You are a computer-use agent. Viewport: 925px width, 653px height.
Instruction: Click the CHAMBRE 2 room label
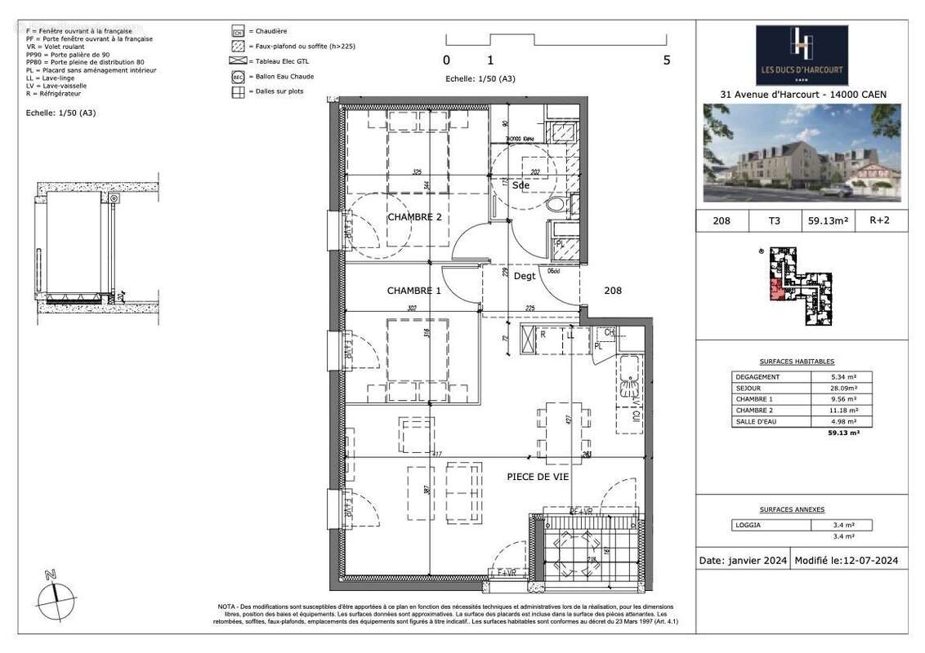pyautogui.click(x=414, y=217)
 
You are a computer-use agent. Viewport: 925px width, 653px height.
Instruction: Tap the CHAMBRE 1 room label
pyautogui.click(x=413, y=291)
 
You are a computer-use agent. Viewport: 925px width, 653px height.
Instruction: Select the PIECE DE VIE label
pyautogui.click(x=537, y=476)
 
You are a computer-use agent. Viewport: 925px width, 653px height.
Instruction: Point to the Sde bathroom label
pyautogui.click(x=521, y=185)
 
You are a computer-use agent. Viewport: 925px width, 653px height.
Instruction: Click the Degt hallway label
pyautogui.click(x=524, y=277)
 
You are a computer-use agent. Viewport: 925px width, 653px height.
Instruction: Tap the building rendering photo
pyautogui.click(x=802, y=153)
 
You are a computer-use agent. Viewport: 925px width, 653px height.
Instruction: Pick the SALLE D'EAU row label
pyautogui.click(x=758, y=421)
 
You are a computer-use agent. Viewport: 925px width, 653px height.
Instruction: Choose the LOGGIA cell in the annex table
pyautogui.click(x=760, y=526)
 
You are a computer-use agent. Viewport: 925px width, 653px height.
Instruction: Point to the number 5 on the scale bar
pyautogui.click(x=667, y=60)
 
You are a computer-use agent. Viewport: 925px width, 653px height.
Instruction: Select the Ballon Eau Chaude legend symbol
pyautogui.click(x=239, y=77)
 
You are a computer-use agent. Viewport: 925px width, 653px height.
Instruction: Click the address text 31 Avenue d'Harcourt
pyautogui.click(x=802, y=95)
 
